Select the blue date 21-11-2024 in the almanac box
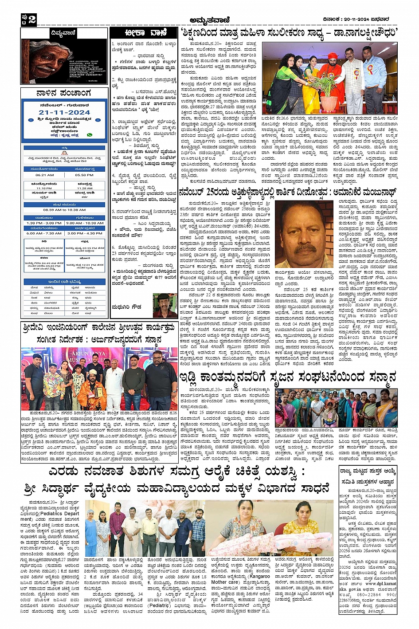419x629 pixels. pyautogui.click(x=64, y=113)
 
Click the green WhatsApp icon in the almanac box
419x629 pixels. pyautogui.click(x=90, y=135)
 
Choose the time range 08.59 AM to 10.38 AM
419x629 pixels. pyautogui.click(x=64, y=210)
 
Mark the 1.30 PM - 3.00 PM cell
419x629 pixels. pyautogui.click(x=44, y=223)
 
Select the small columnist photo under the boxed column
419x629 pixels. pyautogui.click(x=165, y=305)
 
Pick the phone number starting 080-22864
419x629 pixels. pyautogui.click(x=381, y=594)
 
